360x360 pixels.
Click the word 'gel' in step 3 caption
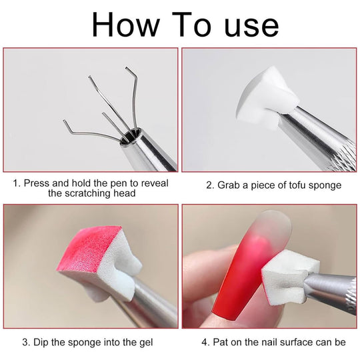pyautogui.click(x=145, y=343)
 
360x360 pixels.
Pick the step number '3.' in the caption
pyautogui.click(x=26, y=343)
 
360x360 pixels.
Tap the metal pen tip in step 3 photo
pyautogui.click(x=150, y=307)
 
